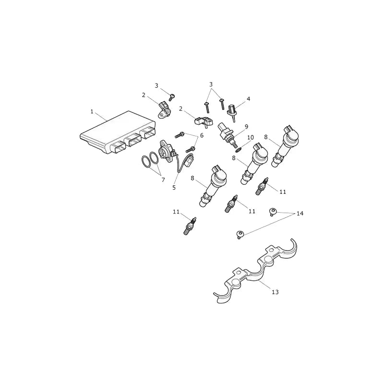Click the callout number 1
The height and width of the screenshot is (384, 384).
(x=92, y=112)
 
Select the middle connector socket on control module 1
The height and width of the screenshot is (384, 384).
(x=132, y=141)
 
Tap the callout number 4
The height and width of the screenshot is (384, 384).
(x=248, y=99)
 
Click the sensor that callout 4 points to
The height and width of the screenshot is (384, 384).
(x=233, y=112)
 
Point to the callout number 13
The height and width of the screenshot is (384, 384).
(x=275, y=292)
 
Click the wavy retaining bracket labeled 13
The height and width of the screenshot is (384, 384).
(x=257, y=272)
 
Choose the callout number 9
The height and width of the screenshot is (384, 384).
(x=246, y=127)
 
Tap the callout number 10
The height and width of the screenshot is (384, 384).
(x=251, y=137)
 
